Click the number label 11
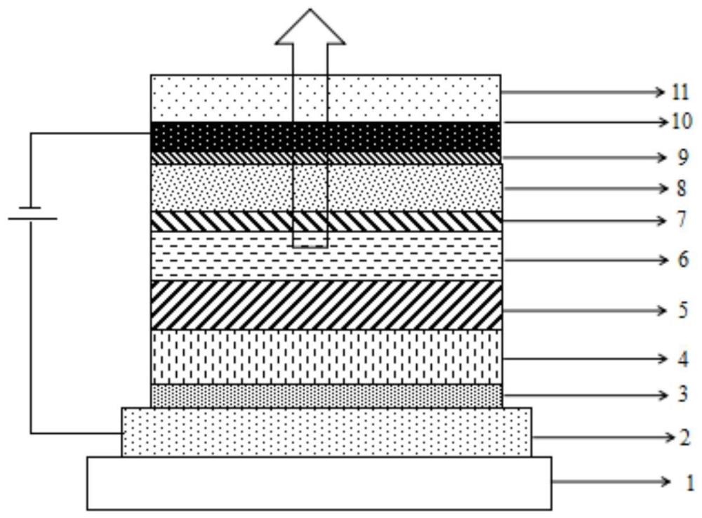point(680,92)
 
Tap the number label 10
point(682,121)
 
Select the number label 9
point(682,158)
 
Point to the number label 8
point(682,189)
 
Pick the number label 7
point(682,220)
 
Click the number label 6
point(683,260)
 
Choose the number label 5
point(683,310)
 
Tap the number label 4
point(683,359)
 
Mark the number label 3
point(683,395)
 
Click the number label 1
point(690,483)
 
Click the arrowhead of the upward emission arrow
point(310,27)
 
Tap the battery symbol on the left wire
point(32,213)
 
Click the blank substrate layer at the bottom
point(319,483)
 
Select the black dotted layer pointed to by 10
point(326,137)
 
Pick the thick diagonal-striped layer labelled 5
point(326,305)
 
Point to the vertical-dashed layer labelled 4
point(326,357)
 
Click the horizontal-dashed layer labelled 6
point(326,256)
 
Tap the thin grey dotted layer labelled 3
point(326,396)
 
